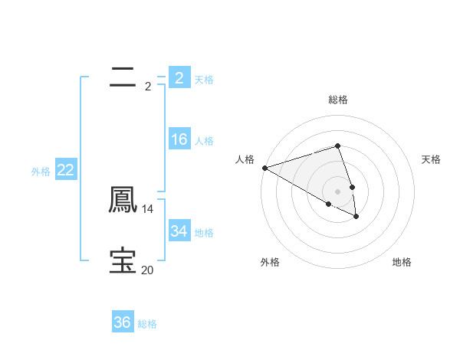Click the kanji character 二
click(x=122, y=77)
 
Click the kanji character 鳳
click(x=122, y=200)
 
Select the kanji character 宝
click(x=122, y=260)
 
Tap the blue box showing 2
click(x=179, y=77)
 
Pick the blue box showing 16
click(x=179, y=139)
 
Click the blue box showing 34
click(x=179, y=231)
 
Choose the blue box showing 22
click(x=65, y=170)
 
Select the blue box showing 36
click(x=122, y=322)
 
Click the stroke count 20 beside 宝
click(x=148, y=270)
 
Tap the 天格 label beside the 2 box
click(x=204, y=79)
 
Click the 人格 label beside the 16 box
click(x=204, y=141)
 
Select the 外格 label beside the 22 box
click(x=41, y=172)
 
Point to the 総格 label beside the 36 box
click(x=147, y=324)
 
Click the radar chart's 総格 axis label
click(x=337, y=100)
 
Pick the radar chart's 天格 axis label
click(x=431, y=159)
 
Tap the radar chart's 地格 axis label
click(x=402, y=263)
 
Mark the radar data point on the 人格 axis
click(x=264, y=168)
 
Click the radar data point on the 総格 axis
click(x=337, y=146)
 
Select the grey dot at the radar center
click(x=337, y=191)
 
